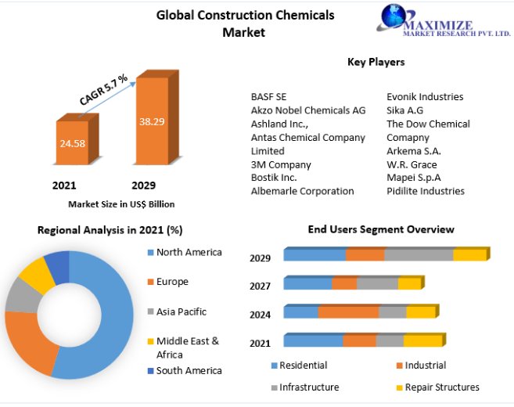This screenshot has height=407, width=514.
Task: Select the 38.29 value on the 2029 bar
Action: click(x=152, y=122)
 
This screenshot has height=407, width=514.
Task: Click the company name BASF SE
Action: click(x=268, y=96)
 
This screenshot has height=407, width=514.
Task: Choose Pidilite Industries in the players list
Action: click(x=426, y=191)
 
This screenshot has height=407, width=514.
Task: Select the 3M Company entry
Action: click(x=281, y=164)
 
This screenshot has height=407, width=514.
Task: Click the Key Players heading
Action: click(x=376, y=62)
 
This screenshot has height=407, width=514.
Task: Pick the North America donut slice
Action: click(x=102, y=313)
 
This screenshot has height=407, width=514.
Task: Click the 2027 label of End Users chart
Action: click(x=261, y=286)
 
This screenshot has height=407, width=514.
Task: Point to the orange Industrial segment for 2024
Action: click(x=348, y=312)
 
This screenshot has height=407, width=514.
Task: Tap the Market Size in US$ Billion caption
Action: click(x=121, y=204)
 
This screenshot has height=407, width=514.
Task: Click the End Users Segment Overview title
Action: click(x=381, y=229)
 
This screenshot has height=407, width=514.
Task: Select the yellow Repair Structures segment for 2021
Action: click(x=422, y=340)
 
